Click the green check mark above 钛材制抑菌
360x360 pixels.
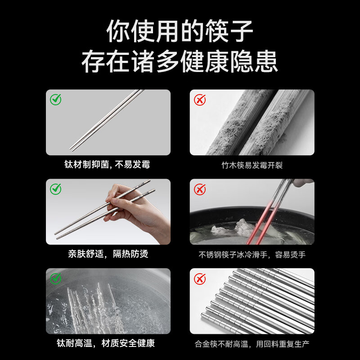pos(55,99)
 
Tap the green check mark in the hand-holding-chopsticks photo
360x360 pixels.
pos(55,189)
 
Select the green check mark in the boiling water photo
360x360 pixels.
pos(55,279)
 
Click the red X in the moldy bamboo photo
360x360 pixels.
pos(200,100)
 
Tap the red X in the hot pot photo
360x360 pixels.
pos(200,189)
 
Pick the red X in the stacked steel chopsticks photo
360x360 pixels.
pos(200,279)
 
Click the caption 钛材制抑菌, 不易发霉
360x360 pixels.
pos(107,164)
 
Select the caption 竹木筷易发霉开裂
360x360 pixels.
pos(252,165)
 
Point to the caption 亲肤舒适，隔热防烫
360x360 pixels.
pos(108,254)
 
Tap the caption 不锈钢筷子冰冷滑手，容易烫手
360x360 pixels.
pos(252,255)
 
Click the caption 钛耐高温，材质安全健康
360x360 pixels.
pos(106,343)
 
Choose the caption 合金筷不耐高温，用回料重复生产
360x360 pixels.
pos(252,344)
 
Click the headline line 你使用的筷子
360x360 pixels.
pos(180,31)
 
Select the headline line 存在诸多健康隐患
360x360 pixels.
pos(180,61)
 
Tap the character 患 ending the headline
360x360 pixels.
pos(266,61)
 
